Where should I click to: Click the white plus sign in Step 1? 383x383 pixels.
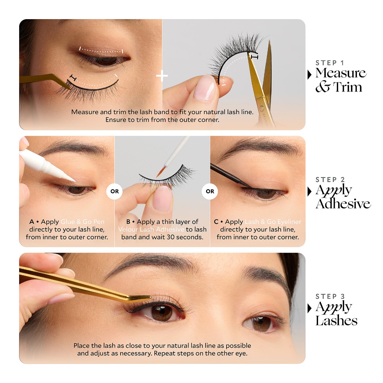click(162, 76)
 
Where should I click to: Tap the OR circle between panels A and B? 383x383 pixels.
click(115, 191)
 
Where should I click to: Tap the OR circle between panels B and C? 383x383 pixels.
click(210, 191)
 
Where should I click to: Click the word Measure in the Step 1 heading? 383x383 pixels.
click(341, 73)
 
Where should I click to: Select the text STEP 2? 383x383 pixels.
click(330, 180)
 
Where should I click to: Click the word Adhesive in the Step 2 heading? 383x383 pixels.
click(343, 204)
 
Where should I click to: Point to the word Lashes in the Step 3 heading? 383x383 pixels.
click(336, 321)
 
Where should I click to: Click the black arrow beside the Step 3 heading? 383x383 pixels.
click(310, 308)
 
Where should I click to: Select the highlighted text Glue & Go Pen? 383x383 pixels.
click(82, 222)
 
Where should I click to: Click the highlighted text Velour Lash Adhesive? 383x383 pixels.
click(151, 230)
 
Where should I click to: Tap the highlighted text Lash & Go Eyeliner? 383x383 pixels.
click(273, 222)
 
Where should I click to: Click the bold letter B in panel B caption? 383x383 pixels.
click(128, 222)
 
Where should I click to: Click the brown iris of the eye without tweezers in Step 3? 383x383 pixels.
click(261, 324)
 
